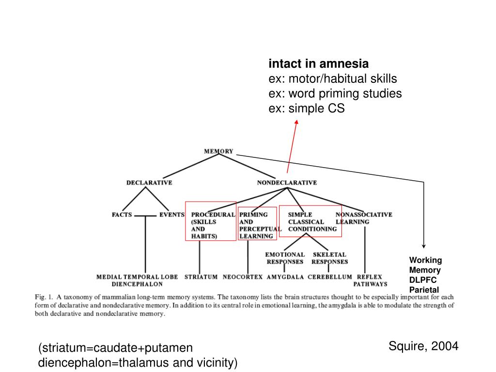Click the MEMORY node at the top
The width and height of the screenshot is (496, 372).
pos(218,151)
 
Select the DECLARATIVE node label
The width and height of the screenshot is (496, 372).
pos(149,183)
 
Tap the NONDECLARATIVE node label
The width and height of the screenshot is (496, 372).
pos(287,183)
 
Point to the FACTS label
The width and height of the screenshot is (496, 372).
pos(122,215)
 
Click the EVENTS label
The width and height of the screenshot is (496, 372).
pos(172,215)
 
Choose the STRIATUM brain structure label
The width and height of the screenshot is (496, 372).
pos(201,277)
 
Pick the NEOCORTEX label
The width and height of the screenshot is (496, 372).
pos(243,277)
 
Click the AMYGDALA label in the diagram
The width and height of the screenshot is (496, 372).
pos(285,277)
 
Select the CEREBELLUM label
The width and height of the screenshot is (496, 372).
pos(329,277)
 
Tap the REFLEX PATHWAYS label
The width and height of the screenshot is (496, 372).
pos(370,280)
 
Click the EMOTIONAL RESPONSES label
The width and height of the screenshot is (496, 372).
pos(285,258)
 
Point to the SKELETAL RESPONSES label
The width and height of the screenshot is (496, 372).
pos(329,258)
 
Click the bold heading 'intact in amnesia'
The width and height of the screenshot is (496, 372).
pos(319,63)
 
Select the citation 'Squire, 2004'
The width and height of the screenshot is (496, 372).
pos(423,346)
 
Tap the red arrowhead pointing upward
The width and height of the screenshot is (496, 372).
pos(296,122)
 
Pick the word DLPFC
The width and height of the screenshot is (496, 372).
pos(423,280)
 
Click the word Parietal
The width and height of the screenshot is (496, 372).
pos(424,290)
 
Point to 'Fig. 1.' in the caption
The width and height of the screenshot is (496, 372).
pos(43,296)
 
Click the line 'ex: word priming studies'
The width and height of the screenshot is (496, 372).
pos(335,93)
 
